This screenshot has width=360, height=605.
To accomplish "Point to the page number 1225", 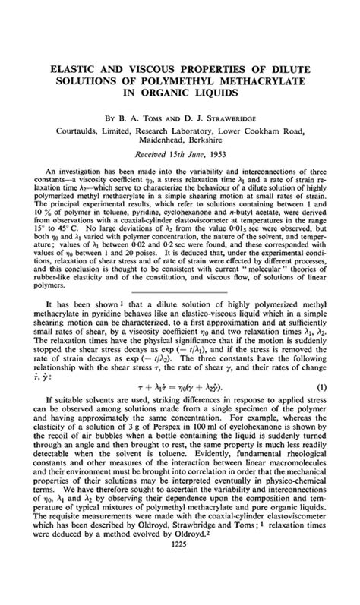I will pos(180,591).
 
